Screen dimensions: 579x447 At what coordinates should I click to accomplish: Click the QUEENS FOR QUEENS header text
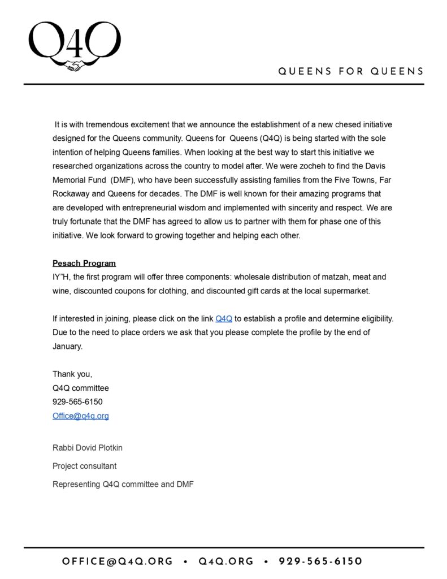coord(350,72)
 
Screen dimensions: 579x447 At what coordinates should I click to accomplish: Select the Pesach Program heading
coord(84,263)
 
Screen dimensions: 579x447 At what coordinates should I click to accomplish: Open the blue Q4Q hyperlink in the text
coord(224,318)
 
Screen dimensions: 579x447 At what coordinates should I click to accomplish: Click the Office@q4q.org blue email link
coord(81,416)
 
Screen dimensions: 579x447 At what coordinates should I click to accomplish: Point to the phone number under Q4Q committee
coord(77,402)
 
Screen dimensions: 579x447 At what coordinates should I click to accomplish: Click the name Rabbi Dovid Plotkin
coord(88,448)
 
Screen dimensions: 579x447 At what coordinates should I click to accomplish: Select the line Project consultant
coord(85,466)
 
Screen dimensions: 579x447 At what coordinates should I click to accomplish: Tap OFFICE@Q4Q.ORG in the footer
coord(118,561)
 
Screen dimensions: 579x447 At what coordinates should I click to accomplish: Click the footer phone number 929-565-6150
coord(320,561)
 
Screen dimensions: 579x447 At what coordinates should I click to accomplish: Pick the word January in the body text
coord(67,346)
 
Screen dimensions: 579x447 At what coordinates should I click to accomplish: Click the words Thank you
coord(72,374)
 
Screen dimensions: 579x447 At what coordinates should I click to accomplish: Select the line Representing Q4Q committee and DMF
coord(123,484)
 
